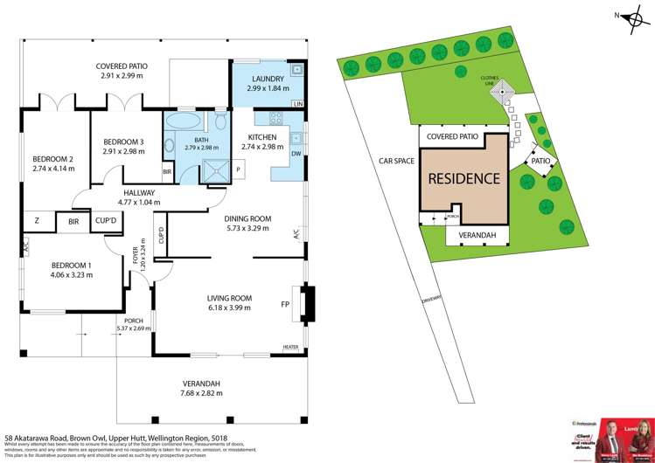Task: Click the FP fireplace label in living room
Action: pyautogui.click(x=284, y=306)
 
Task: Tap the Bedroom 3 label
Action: pyautogui.click(x=123, y=142)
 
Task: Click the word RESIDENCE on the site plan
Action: pyautogui.click(x=463, y=179)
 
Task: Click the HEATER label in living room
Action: pyautogui.click(x=290, y=347)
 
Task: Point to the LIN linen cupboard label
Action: pyautogui.click(x=298, y=105)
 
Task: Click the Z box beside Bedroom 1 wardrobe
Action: pyautogui.click(x=37, y=222)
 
